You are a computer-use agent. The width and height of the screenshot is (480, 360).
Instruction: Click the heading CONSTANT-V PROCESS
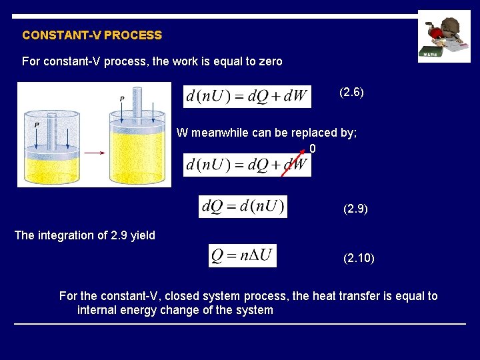coord(92,35)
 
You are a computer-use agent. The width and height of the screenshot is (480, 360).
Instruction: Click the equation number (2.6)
coord(351,92)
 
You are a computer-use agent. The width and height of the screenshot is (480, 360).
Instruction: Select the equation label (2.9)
coord(355,209)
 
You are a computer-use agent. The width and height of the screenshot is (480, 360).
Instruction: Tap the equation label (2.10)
coord(359,257)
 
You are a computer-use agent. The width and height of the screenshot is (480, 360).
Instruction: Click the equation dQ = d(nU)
coord(243,207)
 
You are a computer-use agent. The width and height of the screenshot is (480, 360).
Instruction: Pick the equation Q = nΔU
coord(243,256)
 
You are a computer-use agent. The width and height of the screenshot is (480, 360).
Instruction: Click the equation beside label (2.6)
coord(247,96)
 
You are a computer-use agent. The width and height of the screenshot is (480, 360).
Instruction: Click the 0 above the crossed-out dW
coord(313,148)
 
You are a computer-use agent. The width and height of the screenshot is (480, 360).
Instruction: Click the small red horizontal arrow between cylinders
coord(95,153)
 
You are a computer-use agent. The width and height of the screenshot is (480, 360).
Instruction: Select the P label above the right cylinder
coord(122,99)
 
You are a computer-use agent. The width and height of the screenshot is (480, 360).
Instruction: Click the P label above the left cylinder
coord(37,125)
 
